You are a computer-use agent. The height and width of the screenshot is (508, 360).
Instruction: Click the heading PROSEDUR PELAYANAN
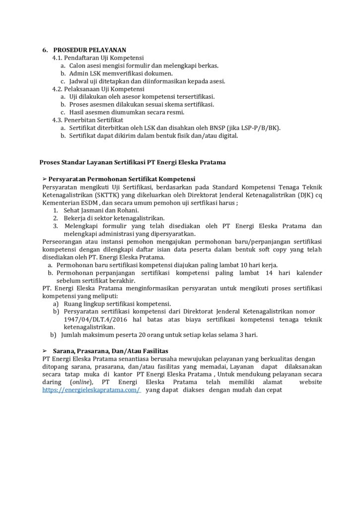click(90, 50)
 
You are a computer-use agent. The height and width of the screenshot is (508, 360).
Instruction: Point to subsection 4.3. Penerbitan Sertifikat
click(81, 120)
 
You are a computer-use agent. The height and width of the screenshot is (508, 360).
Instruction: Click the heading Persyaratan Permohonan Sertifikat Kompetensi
click(122, 179)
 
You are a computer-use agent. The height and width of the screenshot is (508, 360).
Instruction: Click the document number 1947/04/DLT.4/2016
click(92, 319)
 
